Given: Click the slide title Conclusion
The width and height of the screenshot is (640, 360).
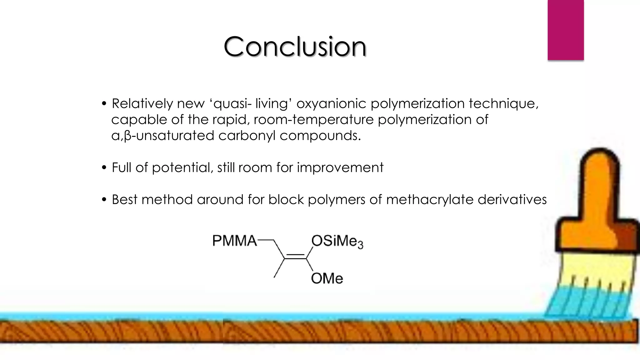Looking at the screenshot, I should point(295,47).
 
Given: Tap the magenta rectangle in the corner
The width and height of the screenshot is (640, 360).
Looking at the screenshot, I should point(565,30).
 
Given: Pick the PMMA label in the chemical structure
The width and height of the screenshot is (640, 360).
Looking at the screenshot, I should point(234,241).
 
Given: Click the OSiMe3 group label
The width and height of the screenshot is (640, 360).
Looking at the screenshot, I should point(337,242).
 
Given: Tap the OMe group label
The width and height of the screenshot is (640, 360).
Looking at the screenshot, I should point(327,278).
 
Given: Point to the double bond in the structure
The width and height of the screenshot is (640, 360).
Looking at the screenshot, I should point(295,257).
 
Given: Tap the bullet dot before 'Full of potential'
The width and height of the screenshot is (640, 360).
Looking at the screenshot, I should point(104,168).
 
